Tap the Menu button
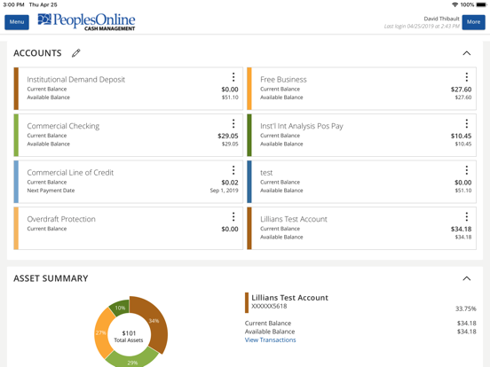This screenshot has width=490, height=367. (17, 22)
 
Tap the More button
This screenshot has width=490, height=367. (473, 22)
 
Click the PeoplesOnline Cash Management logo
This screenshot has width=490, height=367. (86, 21)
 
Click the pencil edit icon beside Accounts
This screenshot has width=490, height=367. (76, 53)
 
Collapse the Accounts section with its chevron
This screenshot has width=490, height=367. (466, 53)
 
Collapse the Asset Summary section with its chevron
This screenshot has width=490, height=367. (466, 278)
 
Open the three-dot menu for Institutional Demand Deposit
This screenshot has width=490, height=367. (233, 78)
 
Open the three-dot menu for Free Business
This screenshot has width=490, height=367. (467, 78)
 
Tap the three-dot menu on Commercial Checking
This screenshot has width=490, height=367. (233, 124)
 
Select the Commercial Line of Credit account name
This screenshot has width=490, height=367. (70, 173)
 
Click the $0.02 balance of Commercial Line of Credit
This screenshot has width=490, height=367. (229, 183)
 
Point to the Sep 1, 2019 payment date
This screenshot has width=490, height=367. (224, 191)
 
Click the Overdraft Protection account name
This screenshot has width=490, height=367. (61, 219)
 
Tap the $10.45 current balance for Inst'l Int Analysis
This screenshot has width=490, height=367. (461, 136)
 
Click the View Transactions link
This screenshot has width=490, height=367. (270, 340)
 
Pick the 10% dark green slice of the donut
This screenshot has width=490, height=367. (120, 308)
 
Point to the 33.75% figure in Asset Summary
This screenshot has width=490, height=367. (465, 309)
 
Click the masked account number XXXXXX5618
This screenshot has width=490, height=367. (269, 307)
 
